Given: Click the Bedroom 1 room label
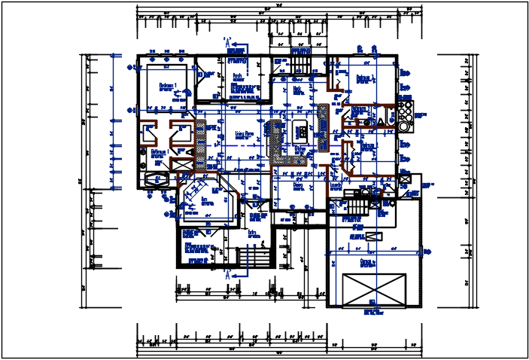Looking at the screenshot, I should pos(167,86).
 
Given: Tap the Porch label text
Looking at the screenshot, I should pos(238,76).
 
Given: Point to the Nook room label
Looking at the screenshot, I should pos(298,89).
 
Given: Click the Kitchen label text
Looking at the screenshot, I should pos(300,149).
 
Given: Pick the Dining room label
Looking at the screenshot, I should pos(298,184).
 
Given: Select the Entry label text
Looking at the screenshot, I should pos(253,233).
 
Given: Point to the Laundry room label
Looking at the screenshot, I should pos(336,183).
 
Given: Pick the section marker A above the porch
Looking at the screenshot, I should pos(227,44).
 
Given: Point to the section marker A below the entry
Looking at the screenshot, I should pos(227,276).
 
